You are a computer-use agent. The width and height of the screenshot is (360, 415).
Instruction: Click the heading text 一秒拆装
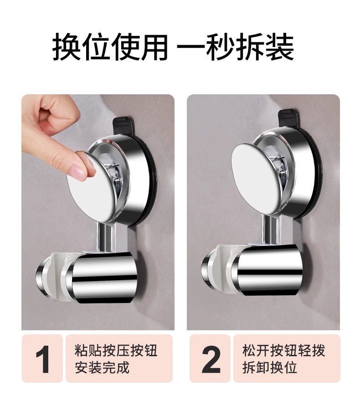coord(235,47)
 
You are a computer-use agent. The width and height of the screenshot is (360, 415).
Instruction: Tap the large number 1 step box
coord(42,359)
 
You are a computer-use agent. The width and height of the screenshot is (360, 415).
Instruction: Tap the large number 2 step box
coord(210,359)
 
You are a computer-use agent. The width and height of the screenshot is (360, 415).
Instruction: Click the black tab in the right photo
coord(289,117)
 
